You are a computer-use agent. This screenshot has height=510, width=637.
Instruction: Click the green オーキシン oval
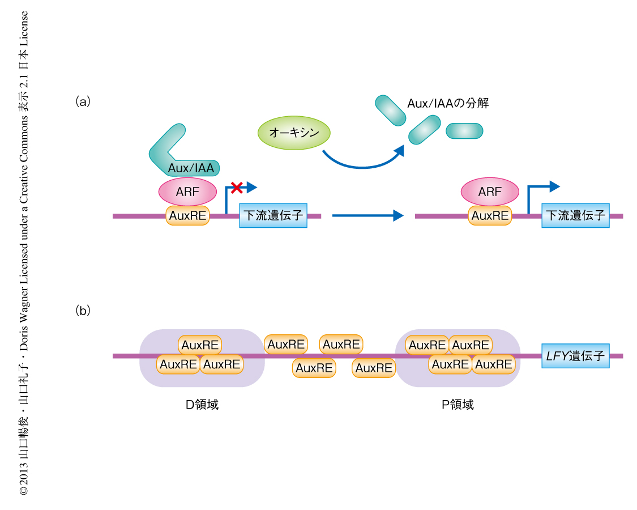pyautogui.click(x=294, y=133)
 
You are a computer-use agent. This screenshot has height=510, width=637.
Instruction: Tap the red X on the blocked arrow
pyautogui.click(x=234, y=186)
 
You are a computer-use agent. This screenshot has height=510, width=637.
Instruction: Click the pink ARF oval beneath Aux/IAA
pyautogui.click(x=187, y=192)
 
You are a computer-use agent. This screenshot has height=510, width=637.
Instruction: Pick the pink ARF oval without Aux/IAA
pyautogui.click(x=490, y=192)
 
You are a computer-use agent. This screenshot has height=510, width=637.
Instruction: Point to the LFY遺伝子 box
pyautogui.click(x=575, y=356)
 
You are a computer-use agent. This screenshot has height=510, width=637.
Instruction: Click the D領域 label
pyautogui.click(x=202, y=405)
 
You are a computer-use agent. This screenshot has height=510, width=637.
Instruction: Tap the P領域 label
pyautogui.click(x=458, y=405)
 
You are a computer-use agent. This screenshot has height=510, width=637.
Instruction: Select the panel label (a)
pyautogui.click(x=83, y=102)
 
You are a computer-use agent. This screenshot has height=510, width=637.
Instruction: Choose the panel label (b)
pyautogui.click(x=83, y=311)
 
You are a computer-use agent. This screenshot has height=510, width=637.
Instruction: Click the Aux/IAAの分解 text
pyautogui.click(x=448, y=103)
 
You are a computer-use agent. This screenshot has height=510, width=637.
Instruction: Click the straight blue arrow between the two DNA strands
pyautogui.click(x=367, y=215)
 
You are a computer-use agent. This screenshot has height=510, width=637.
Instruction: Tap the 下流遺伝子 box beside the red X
pyautogui.click(x=273, y=215)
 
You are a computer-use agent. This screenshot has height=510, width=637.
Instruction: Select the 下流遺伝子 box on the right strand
pyautogui.click(x=575, y=215)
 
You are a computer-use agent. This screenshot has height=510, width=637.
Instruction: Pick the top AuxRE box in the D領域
pyautogui.click(x=200, y=345)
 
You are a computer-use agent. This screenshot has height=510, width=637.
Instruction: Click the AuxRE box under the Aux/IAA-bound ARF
pyautogui.click(x=187, y=216)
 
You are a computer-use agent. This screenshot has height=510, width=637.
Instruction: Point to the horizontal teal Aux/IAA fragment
pyautogui.click(x=464, y=131)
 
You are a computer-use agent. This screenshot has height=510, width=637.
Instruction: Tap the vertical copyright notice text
pyautogui.click(x=24, y=255)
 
